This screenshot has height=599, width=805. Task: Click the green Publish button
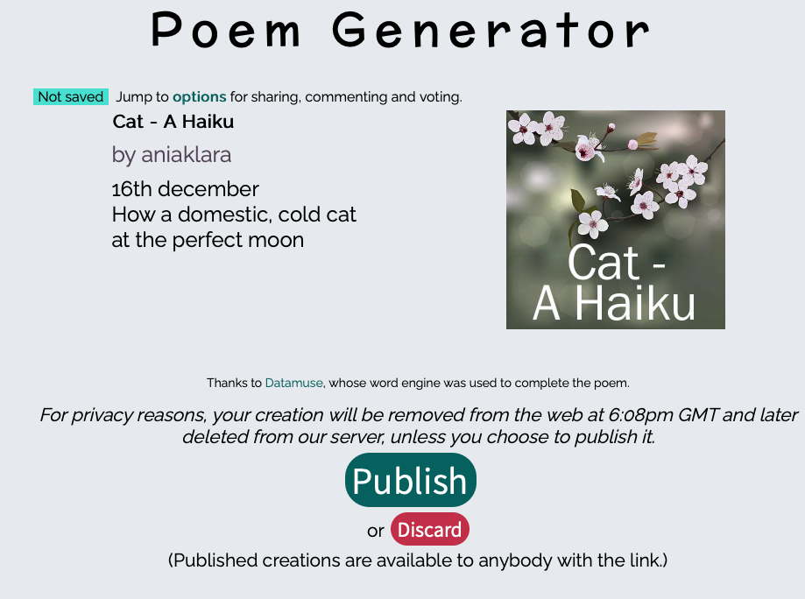410,480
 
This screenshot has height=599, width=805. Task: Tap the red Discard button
430,529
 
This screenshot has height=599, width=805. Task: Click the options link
199,97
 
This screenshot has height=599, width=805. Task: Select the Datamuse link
293,383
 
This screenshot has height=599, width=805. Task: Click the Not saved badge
71,96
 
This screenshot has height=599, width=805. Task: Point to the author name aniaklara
187,154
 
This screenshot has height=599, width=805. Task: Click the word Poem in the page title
226,31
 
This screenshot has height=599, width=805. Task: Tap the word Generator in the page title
491,31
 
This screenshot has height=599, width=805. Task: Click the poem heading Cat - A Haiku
173,122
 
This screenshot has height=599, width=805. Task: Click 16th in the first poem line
132,189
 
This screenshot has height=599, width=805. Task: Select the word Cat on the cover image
604,263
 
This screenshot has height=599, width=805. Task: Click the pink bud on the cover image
632,145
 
